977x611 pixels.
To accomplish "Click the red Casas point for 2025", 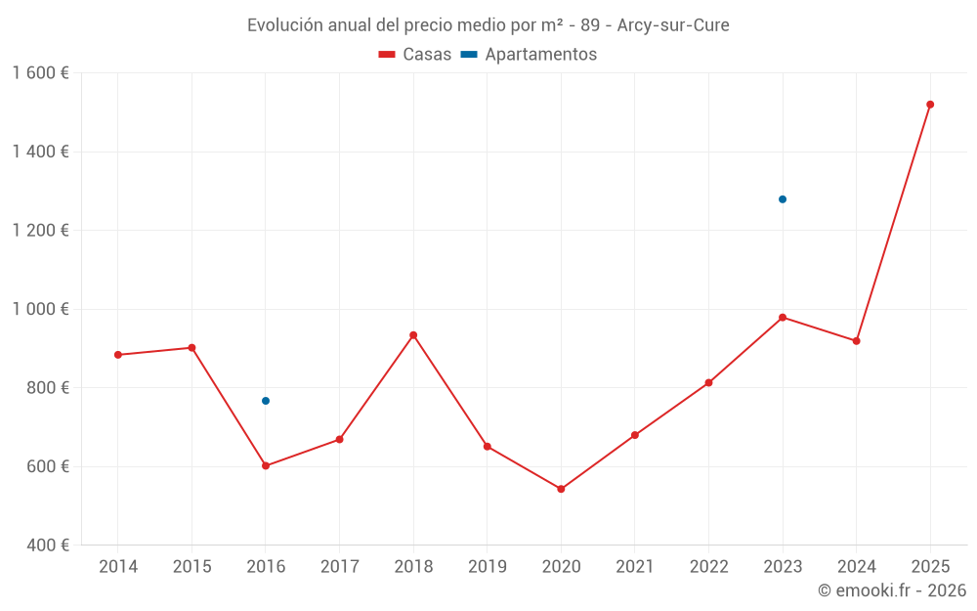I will (930, 105).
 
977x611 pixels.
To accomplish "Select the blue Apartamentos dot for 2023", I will (783, 199).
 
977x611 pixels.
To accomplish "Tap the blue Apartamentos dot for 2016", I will (266, 401).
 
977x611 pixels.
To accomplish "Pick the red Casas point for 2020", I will (561, 489).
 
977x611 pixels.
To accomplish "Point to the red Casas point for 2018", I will (413, 335).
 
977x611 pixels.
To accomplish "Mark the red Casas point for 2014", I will (118, 355).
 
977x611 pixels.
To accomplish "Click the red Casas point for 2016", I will (266, 465).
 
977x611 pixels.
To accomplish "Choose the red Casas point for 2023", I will (783, 317).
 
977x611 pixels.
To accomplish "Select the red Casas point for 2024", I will (857, 341).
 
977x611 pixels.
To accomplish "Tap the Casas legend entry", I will (415, 55).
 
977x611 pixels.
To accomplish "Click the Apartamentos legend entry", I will (529, 55).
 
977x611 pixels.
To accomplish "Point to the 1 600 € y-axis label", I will (40, 73).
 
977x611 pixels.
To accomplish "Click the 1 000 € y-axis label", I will (40, 309).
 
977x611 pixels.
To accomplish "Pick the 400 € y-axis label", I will (47, 546).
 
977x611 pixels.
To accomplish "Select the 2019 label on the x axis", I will (487, 567).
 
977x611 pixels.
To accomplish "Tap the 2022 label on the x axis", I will (708, 567).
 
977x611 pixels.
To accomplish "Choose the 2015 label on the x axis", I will (191, 567).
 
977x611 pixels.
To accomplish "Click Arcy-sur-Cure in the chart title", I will (673, 25).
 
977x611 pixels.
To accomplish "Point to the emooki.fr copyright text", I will (892, 590).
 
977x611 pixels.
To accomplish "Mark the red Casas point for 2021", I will (635, 435).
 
